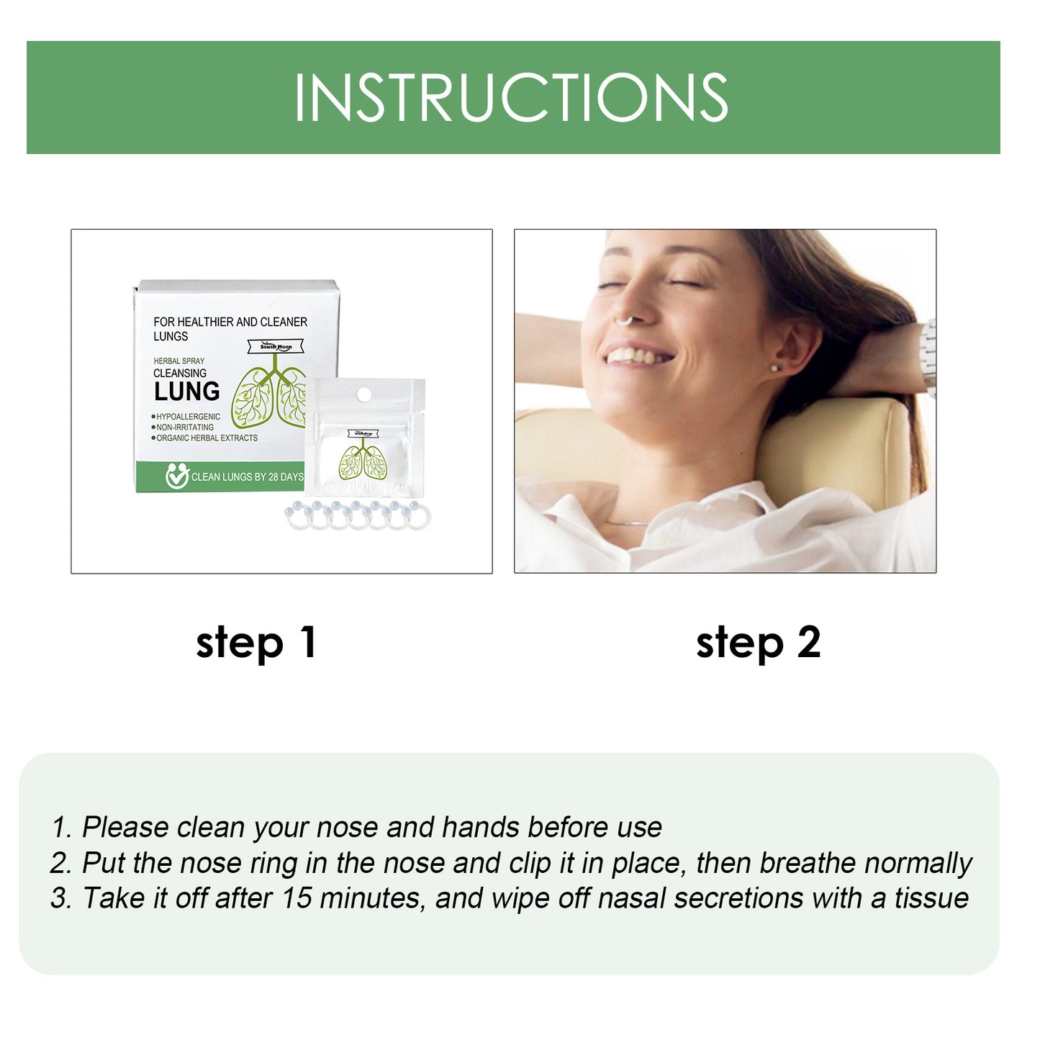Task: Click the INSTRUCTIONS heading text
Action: pyautogui.click(x=511, y=97)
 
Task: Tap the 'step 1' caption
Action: pyautogui.click(x=256, y=642)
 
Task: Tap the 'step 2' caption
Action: pyautogui.click(x=758, y=642)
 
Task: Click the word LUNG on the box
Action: pyautogui.click(x=186, y=392)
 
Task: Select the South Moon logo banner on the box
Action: pyautogui.click(x=276, y=347)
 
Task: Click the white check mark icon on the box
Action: pyautogui.click(x=176, y=476)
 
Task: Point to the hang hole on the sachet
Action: pyautogui.click(x=364, y=394)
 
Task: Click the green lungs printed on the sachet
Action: pyautogui.click(x=363, y=461)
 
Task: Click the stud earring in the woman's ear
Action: pyautogui.click(x=774, y=368)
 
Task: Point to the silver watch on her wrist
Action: pyautogui.click(x=928, y=356)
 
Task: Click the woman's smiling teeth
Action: pyautogui.click(x=636, y=356)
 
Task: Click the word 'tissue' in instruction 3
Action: pyautogui.click(x=931, y=898)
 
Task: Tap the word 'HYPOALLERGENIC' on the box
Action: pyautogui.click(x=188, y=417)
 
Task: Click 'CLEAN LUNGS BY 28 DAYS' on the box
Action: pyautogui.click(x=247, y=476)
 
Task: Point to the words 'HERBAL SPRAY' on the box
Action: pyautogui.click(x=179, y=361)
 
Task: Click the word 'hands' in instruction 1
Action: pyautogui.click(x=480, y=828)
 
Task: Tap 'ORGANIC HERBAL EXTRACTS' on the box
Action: pyautogui.click(x=207, y=438)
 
